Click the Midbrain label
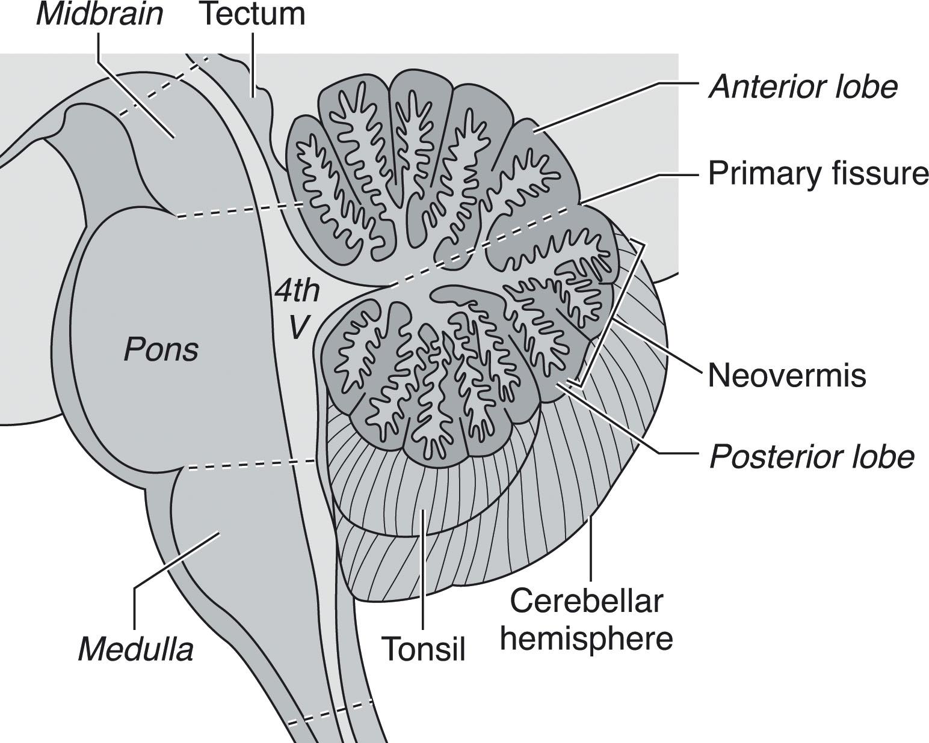pyautogui.click(x=99, y=14)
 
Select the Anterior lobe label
pyautogui.click(x=803, y=87)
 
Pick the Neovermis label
pyautogui.click(x=787, y=376)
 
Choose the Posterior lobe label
pyautogui.click(x=812, y=457)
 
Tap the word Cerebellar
pyautogui.click(x=587, y=601)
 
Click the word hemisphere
pyautogui.click(x=587, y=638)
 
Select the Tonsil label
pyautogui.click(x=424, y=649)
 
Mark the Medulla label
pyautogui.click(x=136, y=649)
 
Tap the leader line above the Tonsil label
pyautogui.click(x=424, y=571)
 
